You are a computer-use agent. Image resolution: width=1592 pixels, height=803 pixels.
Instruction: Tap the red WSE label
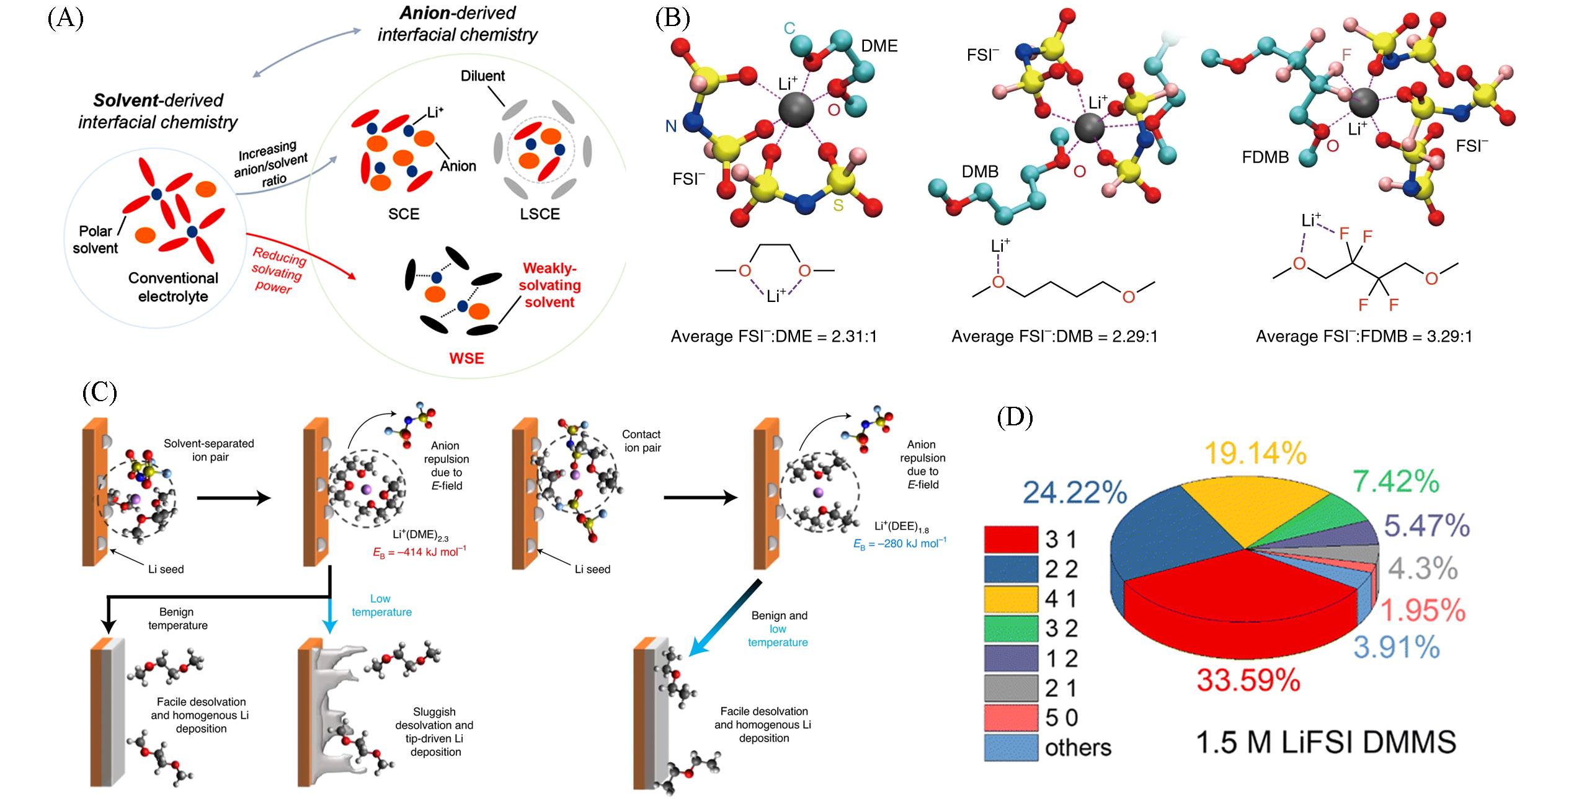(466, 358)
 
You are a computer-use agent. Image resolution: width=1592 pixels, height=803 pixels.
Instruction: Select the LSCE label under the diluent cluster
(540, 214)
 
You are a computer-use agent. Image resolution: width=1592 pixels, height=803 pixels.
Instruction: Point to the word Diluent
(482, 76)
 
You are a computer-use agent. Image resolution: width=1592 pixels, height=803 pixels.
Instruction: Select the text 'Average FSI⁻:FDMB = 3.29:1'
(1364, 337)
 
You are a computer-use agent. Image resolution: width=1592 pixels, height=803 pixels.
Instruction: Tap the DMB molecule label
(980, 171)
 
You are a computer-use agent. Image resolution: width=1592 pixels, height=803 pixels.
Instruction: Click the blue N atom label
(670, 126)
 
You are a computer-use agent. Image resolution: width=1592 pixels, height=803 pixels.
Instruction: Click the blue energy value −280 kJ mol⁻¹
(900, 544)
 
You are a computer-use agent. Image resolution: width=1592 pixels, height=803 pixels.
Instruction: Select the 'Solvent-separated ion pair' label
(209, 450)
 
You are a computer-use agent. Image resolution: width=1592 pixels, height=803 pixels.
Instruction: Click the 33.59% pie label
(1248, 680)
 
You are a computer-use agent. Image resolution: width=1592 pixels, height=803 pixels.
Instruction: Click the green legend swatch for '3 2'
(1010, 628)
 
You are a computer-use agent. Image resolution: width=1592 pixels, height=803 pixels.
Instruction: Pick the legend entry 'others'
(1078, 748)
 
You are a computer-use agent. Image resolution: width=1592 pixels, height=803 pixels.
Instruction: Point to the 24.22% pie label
(1074, 493)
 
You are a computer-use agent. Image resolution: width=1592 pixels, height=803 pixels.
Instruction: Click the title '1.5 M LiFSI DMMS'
(1325, 742)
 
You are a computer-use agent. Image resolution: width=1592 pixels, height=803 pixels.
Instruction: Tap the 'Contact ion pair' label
(641, 441)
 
